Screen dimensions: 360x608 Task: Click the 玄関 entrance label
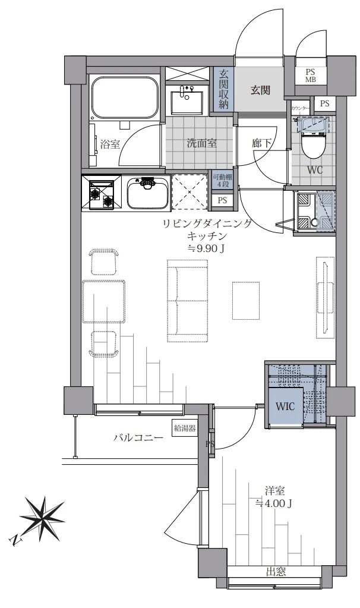coord(260,90)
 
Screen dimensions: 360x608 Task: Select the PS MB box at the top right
coord(311,75)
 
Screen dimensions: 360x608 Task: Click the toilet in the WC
coord(314,140)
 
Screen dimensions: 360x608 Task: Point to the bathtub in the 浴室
coord(125,98)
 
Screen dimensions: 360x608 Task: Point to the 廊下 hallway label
coord(261,144)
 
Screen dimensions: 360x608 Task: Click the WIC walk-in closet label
coord(285,407)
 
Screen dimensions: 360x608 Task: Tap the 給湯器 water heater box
coord(185,429)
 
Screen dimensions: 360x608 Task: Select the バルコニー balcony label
coord(138,439)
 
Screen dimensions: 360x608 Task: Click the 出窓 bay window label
coord(276,572)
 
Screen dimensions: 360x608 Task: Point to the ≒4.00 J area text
coord(274,503)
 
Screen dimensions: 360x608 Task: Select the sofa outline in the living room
coord(187,301)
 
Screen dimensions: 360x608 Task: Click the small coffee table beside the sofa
coord(246,301)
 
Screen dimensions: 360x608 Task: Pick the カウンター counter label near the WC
coord(301,108)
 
